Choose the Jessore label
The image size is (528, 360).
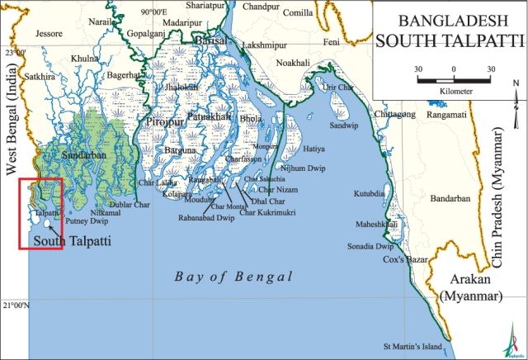coord(49,35)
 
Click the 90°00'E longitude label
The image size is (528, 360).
coord(158,12)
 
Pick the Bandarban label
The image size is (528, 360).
coord(450,199)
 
